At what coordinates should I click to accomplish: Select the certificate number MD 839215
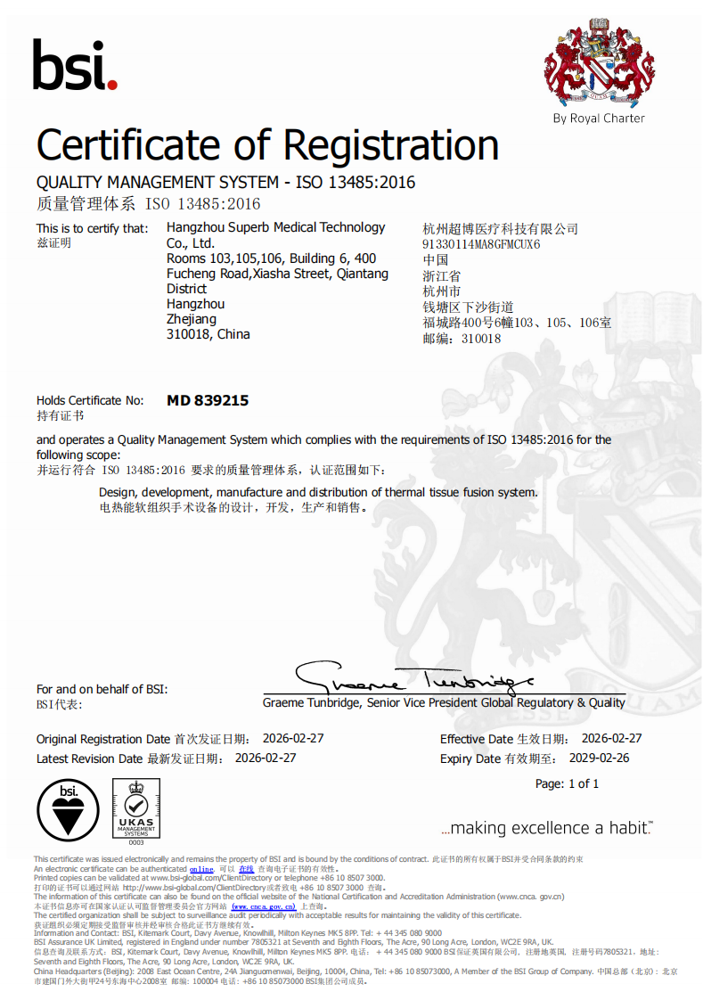point(208,401)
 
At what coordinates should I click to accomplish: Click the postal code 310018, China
point(208,334)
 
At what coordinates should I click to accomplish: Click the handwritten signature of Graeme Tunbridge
point(414,679)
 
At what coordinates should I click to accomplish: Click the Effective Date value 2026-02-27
point(611,739)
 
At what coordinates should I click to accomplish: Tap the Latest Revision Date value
point(265,758)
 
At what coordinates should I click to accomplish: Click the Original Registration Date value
point(293,739)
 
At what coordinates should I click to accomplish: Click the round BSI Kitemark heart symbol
point(68,808)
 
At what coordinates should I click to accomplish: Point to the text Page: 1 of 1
point(567,783)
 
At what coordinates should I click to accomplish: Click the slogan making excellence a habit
point(547,828)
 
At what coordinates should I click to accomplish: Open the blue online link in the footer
point(201,869)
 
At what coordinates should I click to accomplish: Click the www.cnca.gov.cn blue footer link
point(264,906)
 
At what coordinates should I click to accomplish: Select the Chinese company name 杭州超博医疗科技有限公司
point(500,229)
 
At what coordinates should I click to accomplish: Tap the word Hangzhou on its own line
point(195,304)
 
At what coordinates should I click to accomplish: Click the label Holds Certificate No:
point(90,401)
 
